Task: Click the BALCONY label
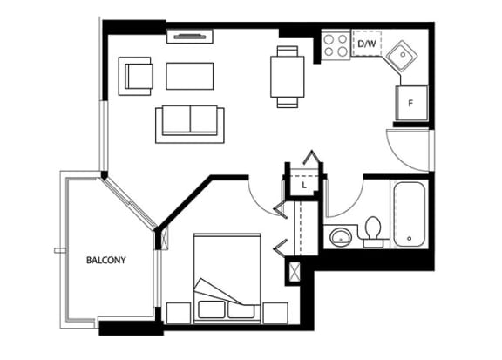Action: click(x=106, y=260)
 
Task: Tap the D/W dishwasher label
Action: click(x=367, y=44)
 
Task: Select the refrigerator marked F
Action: click(x=411, y=103)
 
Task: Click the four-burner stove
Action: click(x=336, y=44)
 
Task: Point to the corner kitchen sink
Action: click(x=402, y=56)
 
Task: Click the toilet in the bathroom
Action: click(x=373, y=232)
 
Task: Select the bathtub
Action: click(x=410, y=214)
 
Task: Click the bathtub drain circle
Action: click(x=409, y=239)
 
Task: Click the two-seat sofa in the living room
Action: click(x=190, y=124)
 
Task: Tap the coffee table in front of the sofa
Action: click(x=189, y=76)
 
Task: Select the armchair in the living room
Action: click(x=135, y=76)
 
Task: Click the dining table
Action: click(x=288, y=77)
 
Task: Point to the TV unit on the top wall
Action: click(x=190, y=37)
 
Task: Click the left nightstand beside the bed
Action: click(x=179, y=313)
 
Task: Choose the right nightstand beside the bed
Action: click(x=275, y=313)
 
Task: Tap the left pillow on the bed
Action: click(x=211, y=309)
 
